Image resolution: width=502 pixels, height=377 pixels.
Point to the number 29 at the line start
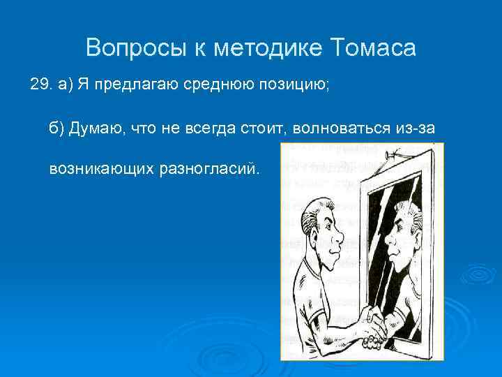point(41,85)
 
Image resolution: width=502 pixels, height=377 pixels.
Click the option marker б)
point(56,128)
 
